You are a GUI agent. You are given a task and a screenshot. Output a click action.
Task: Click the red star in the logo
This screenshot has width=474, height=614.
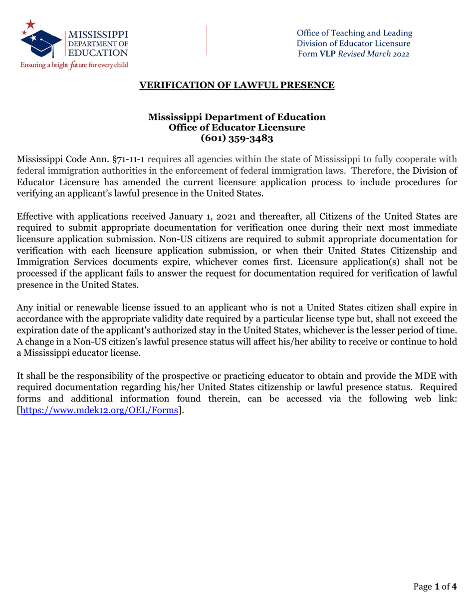coord(31,23)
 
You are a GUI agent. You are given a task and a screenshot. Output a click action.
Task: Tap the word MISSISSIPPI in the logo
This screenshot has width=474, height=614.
coord(98,35)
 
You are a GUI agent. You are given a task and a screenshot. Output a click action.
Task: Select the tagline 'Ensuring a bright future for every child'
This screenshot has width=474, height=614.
coord(74,65)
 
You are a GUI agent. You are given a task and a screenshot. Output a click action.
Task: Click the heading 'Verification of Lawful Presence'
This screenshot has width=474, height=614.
coord(237,85)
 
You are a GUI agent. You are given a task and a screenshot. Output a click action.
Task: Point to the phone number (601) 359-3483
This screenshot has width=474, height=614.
coord(237,138)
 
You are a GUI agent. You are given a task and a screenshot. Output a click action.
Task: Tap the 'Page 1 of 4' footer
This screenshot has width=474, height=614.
coord(435,587)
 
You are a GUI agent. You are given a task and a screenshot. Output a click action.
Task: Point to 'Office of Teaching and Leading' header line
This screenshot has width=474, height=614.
coord(354,33)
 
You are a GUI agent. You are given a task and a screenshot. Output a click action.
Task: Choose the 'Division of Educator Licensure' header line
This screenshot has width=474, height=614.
coord(354,43)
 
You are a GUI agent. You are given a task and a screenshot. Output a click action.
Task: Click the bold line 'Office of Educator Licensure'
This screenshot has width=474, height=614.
coord(237,128)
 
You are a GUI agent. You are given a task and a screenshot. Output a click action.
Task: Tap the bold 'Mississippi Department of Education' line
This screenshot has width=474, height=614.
coord(237,117)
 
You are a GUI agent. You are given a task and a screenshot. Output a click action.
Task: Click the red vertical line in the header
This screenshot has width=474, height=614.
coord(207,40)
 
